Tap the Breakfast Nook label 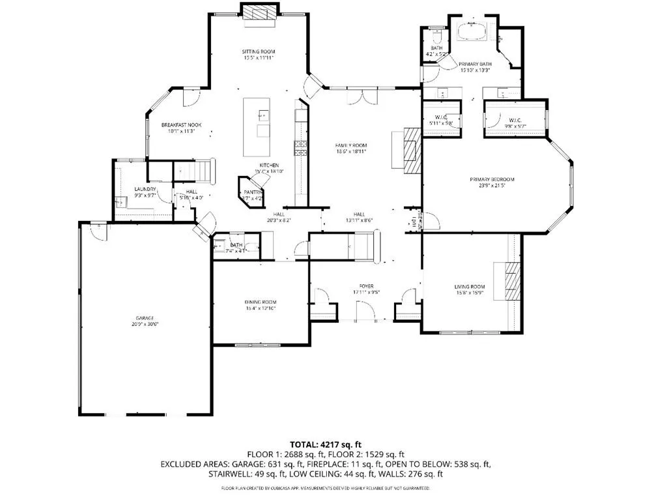coord(182,125)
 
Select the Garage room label coord(145,317)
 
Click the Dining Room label coord(261,302)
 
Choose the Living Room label coord(470,286)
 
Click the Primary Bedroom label coord(492,179)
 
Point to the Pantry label coord(253,192)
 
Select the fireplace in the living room coord(513,281)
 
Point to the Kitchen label coord(270,166)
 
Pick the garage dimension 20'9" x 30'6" coord(145,324)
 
